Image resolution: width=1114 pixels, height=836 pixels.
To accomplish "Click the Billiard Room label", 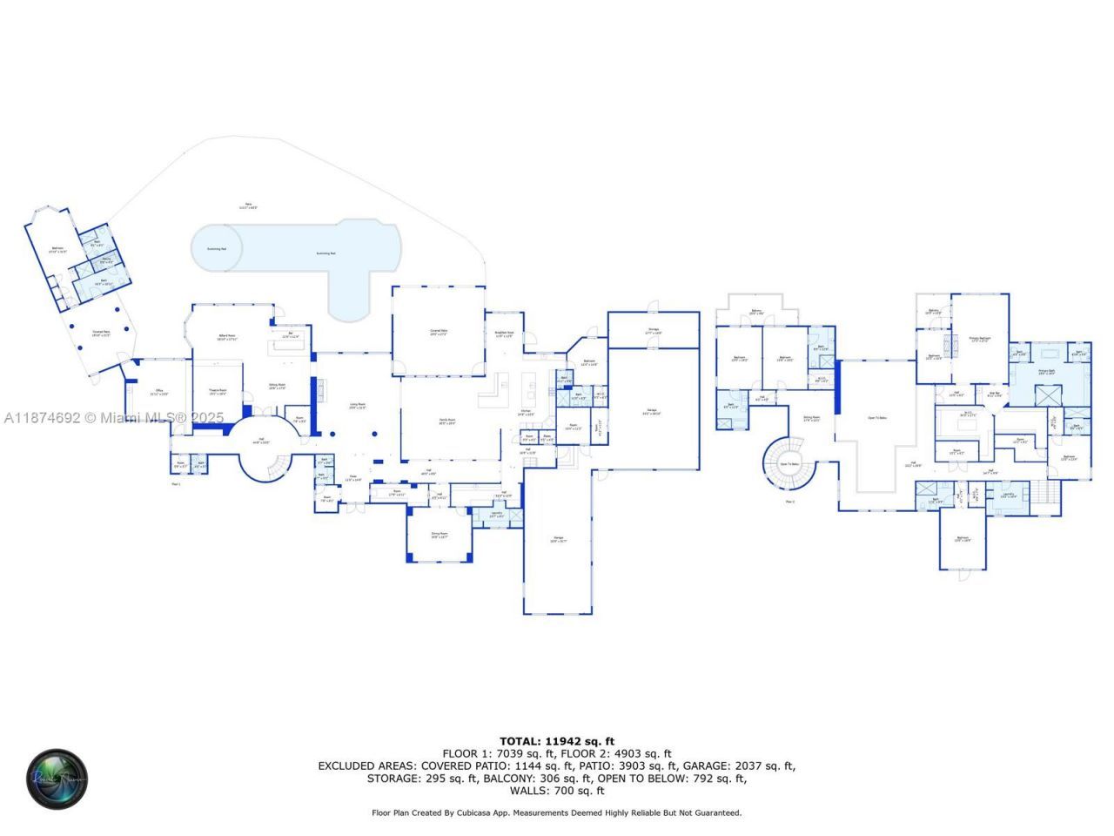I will tap(226, 337).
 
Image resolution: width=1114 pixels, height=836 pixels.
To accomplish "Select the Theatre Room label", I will tap(217, 392).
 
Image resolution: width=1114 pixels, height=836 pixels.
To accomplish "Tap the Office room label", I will tap(159, 392).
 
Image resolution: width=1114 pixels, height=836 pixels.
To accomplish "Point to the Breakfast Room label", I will tap(505, 334).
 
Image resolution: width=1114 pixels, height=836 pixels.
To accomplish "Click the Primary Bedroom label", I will tap(980, 339).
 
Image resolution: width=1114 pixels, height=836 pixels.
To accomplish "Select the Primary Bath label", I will tap(1046, 372).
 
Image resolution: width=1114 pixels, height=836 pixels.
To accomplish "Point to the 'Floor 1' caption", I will tap(176, 483).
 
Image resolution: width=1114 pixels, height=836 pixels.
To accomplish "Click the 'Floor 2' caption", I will tap(790, 502).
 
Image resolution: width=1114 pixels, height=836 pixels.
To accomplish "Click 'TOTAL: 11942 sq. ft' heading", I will tap(556, 741).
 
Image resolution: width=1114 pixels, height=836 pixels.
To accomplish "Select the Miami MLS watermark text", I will tap(113, 418).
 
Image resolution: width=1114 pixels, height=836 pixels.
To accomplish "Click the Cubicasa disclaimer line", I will tap(556, 812).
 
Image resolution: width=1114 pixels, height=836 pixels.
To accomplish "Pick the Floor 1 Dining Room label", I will tap(440, 535).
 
